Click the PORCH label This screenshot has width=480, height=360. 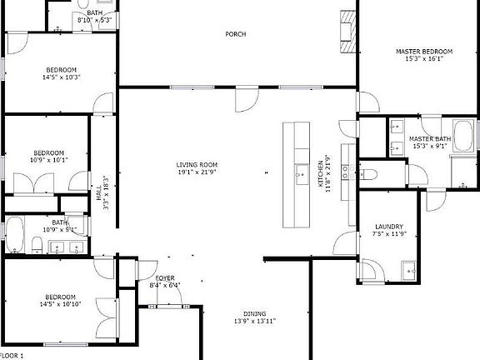pyautogui.click(x=236, y=34)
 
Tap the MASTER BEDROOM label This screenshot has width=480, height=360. pyautogui.click(x=424, y=52)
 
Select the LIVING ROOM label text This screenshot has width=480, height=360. pyautogui.click(x=197, y=165)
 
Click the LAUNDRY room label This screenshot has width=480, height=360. pyautogui.click(x=389, y=227)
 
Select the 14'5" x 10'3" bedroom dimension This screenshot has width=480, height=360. pyautogui.click(x=61, y=77)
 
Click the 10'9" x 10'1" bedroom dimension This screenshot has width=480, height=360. pyautogui.click(x=48, y=160)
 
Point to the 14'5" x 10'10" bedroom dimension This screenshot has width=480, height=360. pyautogui.click(x=61, y=304)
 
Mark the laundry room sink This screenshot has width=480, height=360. pyautogui.click(x=408, y=268)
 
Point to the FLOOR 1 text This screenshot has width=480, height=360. pyautogui.click(x=12, y=356)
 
